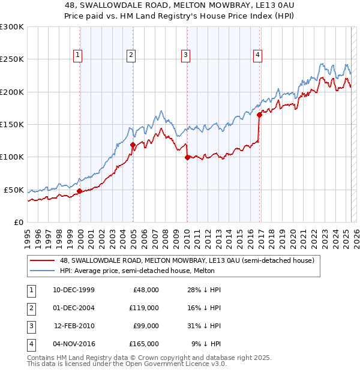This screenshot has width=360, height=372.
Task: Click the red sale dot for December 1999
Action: pos(80,191)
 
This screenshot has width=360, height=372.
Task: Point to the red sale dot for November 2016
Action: pos(259,115)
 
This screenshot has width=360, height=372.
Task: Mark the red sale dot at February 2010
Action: pos(187,158)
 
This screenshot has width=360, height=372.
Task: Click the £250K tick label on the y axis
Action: pos(12,59)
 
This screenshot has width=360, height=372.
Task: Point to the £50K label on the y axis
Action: pos(14,190)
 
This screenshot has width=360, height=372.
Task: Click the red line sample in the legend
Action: pos(43,260)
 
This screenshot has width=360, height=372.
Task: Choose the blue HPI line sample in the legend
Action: pos(43,271)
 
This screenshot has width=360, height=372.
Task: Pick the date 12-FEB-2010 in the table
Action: pos(74,326)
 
